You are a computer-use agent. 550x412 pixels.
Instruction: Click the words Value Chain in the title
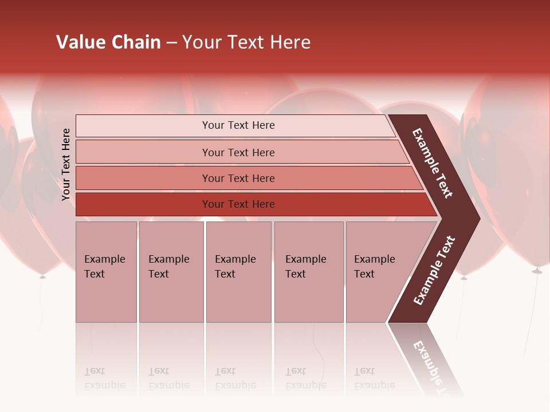click(108, 42)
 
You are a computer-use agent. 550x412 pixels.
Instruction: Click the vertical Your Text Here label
click(66, 164)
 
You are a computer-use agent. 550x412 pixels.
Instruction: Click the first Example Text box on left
click(106, 272)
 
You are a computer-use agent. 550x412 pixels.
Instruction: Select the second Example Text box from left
click(171, 272)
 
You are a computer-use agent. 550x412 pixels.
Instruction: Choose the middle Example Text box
click(238, 272)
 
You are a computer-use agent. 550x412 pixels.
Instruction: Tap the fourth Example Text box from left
click(309, 272)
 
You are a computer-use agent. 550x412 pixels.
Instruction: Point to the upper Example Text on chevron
click(433, 163)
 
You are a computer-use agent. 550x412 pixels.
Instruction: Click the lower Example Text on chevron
click(434, 270)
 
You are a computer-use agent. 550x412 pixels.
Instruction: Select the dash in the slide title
click(171, 43)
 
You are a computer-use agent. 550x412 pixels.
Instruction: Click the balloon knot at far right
click(537, 270)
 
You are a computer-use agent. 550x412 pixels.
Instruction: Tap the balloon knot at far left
click(42, 276)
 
